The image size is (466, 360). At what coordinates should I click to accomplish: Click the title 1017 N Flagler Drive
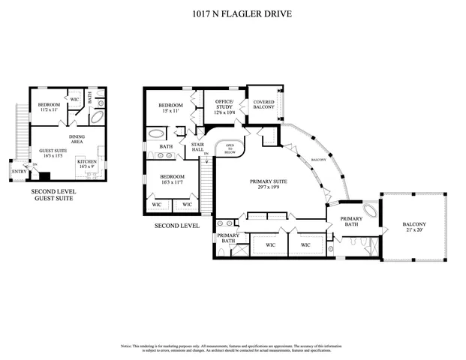tap(233, 13)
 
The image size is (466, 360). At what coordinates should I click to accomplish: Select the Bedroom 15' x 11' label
tap(170, 108)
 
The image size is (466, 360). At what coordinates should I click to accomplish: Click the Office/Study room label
tap(224, 104)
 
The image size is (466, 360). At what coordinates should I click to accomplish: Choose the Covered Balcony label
tap(263, 104)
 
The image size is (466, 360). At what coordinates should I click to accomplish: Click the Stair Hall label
tap(199, 147)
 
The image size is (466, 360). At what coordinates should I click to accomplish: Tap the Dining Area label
tap(77, 139)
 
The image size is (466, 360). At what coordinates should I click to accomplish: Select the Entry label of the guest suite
tap(17, 171)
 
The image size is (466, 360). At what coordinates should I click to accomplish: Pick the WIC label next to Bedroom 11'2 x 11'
tap(74, 98)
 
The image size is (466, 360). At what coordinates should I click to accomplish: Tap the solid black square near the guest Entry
tap(44, 177)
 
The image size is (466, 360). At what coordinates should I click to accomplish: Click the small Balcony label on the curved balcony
tap(317, 160)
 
